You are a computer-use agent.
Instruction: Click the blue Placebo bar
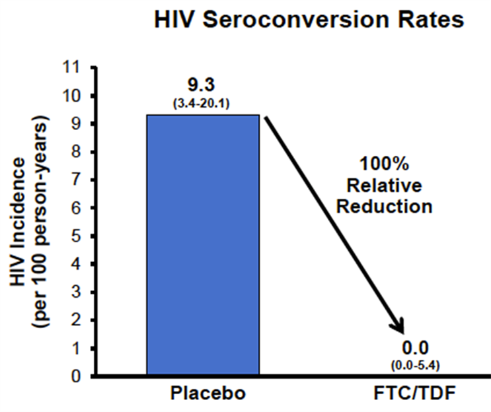203,245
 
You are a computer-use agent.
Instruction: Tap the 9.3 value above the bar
201,85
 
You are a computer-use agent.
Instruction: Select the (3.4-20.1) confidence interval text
202,104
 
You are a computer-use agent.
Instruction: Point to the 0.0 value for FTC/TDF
415,348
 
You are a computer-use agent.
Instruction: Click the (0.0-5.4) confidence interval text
415,365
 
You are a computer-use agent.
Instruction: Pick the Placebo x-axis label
208,394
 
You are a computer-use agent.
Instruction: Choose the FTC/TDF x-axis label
414,394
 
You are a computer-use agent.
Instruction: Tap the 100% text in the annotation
384,164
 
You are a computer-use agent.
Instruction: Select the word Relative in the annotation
384,185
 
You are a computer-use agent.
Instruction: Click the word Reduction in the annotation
384,207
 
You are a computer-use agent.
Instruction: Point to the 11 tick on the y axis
71,67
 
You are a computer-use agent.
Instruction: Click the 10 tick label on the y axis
71,96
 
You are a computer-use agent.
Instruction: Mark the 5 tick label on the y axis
76,236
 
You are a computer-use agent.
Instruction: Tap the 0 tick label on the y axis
76,376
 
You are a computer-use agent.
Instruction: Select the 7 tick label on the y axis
76,180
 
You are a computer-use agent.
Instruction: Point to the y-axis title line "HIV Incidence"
18,222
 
